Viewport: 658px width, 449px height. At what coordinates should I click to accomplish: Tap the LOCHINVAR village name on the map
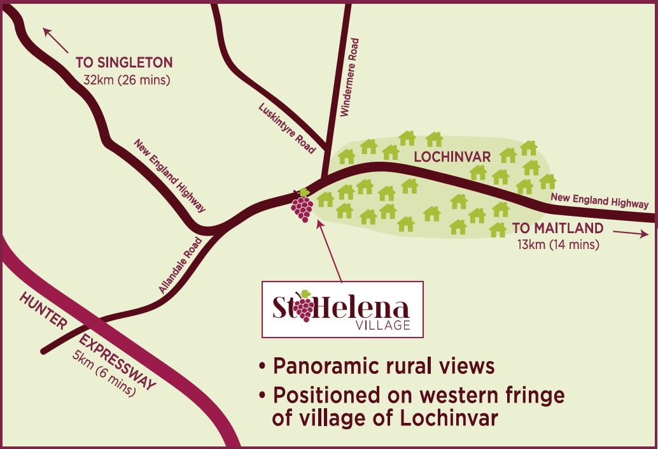[x=445, y=156]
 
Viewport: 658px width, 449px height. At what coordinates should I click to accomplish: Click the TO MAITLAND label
[x=557, y=228]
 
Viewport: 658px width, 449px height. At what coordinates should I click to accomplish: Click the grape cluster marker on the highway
[x=302, y=206]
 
